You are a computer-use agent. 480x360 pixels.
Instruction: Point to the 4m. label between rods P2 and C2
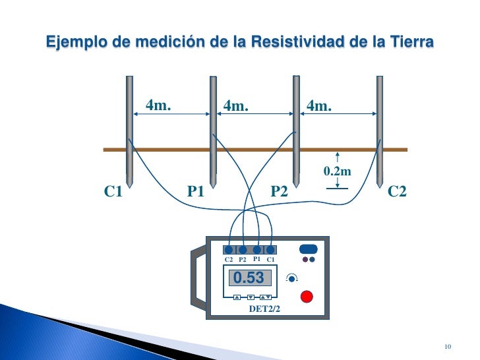[x=320, y=105]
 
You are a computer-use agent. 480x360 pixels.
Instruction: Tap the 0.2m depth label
[x=336, y=172]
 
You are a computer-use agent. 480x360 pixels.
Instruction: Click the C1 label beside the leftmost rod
[x=113, y=192]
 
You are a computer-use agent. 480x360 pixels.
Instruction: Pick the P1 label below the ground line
[x=196, y=192]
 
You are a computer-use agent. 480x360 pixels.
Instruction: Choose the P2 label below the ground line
[x=280, y=192]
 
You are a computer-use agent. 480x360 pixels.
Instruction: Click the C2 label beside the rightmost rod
[x=398, y=192]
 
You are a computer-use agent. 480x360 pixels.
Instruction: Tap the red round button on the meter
[x=306, y=296]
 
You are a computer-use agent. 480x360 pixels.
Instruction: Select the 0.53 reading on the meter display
[x=249, y=278]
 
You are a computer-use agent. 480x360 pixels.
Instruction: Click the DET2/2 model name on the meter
[x=264, y=309]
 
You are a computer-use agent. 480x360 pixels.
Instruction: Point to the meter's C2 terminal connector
[x=229, y=250]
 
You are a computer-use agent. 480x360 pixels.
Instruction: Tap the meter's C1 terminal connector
[x=270, y=250]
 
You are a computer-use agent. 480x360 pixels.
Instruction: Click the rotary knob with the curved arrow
[x=291, y=278]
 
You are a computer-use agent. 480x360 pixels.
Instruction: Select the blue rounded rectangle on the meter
[x=308, y=249]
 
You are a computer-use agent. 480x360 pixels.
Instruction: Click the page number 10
[x=448, y=347]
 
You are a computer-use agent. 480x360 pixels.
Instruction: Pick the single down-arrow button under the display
[x=251, y=297]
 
